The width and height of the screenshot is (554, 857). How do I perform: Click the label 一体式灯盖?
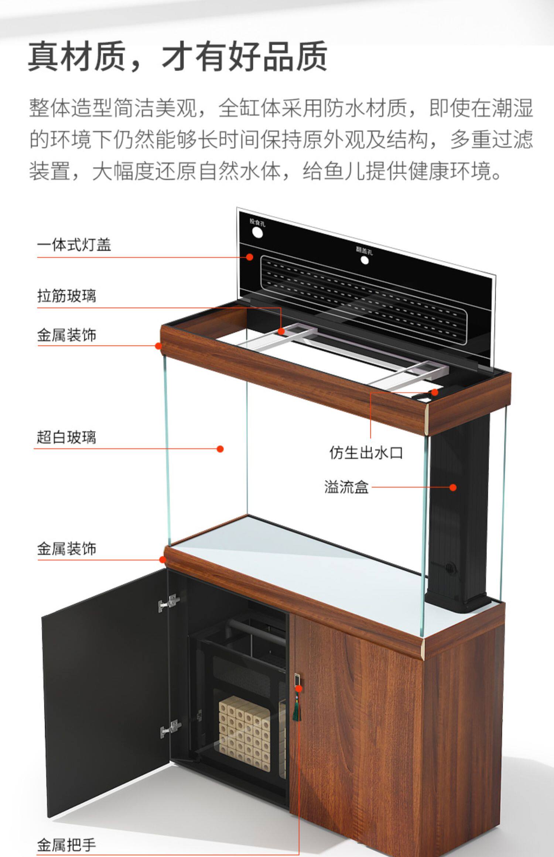74,245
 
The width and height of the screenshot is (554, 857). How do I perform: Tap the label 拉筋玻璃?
66,296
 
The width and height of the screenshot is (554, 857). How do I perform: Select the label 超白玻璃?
66,437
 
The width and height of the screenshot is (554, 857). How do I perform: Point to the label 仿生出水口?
366,452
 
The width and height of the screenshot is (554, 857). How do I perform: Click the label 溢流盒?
346,487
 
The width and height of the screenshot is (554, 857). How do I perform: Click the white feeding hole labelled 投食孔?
257,233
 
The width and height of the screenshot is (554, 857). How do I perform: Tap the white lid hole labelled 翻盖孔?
365,260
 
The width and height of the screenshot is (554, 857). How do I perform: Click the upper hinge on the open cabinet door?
170,603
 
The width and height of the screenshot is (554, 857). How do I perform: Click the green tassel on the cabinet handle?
296,710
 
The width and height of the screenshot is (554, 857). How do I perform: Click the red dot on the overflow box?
453,487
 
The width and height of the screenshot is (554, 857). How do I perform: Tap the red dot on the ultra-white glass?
220,449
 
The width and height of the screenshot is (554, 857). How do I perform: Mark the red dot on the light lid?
250,257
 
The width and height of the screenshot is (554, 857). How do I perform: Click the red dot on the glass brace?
281,331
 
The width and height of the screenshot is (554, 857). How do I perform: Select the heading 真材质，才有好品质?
178,56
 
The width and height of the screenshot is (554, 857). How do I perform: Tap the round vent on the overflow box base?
450,567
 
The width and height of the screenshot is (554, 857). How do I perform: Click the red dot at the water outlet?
435,392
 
